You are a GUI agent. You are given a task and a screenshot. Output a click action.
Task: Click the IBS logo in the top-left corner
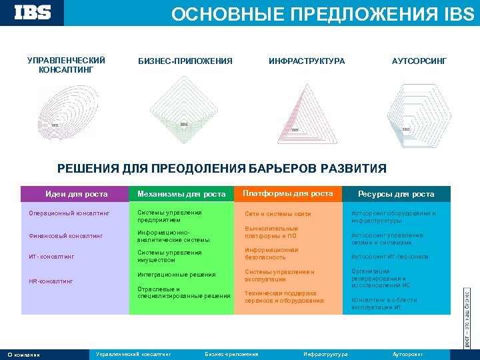point(33,13)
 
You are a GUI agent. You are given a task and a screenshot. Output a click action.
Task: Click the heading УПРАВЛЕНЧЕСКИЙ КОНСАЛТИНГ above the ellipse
point(66,65)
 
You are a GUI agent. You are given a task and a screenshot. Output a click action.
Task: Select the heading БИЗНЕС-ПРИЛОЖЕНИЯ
point(185,61)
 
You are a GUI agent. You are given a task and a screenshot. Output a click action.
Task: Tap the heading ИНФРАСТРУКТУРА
point(307,61)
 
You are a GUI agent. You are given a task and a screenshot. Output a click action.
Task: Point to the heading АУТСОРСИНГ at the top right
point(419,61)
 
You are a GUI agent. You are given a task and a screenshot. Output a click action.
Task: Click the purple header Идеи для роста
point(75,194)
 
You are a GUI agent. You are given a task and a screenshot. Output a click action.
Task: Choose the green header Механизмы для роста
point(181,194)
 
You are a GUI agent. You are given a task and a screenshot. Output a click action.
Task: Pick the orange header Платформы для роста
point(287,193)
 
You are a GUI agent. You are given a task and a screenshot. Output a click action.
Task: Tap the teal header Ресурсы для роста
point(396,194)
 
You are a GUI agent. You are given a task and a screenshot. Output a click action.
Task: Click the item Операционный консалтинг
point(64,214)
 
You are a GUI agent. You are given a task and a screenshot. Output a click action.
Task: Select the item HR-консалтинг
point(51,281)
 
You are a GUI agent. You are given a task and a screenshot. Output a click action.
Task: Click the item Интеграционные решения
point(177,275)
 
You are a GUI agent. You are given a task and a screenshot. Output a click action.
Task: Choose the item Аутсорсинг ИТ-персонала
point(390,257)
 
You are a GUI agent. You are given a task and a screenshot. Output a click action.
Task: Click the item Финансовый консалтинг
point(65,235)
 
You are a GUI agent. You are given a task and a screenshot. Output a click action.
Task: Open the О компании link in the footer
point(24,355)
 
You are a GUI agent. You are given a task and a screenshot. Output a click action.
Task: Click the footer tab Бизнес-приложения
point(231,354)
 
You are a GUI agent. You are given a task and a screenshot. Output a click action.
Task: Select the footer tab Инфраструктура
point(325,354)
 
